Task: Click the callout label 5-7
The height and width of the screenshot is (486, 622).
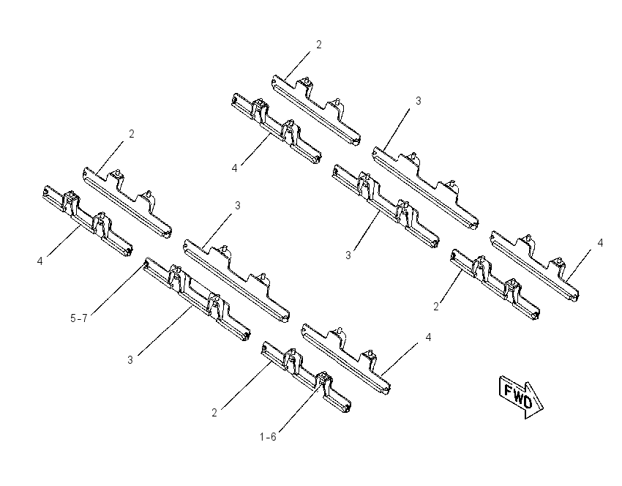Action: tap(78, 318)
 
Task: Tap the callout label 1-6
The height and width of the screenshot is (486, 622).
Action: tap(268, 437)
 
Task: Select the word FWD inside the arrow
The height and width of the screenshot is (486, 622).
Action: tap(518, 396)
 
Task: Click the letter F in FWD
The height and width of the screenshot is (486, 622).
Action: tap(508, 391)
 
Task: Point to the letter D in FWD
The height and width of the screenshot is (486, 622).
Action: tap(527, 402)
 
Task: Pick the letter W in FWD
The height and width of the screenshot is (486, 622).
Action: tap(517, 396)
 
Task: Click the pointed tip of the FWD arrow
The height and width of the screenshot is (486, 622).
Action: tap(543, 408)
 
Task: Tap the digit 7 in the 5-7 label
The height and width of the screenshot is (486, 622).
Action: tap(84, 318)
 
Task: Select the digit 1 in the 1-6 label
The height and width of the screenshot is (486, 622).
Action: tap(262, 437)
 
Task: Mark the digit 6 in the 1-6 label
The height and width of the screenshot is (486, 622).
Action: tap(274, 437)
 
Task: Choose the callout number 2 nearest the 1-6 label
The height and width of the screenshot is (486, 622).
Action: tap(214, 413)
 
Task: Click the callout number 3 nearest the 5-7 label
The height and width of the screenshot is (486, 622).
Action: tap(130, 360)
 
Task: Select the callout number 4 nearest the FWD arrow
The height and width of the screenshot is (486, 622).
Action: tap(428, 337)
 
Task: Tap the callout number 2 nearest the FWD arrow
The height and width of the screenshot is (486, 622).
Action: tap(436, 307)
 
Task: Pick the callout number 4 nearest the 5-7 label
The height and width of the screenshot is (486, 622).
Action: tap(40, 261)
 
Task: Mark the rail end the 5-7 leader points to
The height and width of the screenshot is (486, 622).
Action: tap(146, 263)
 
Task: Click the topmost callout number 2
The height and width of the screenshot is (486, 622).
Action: tap(319, 45)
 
